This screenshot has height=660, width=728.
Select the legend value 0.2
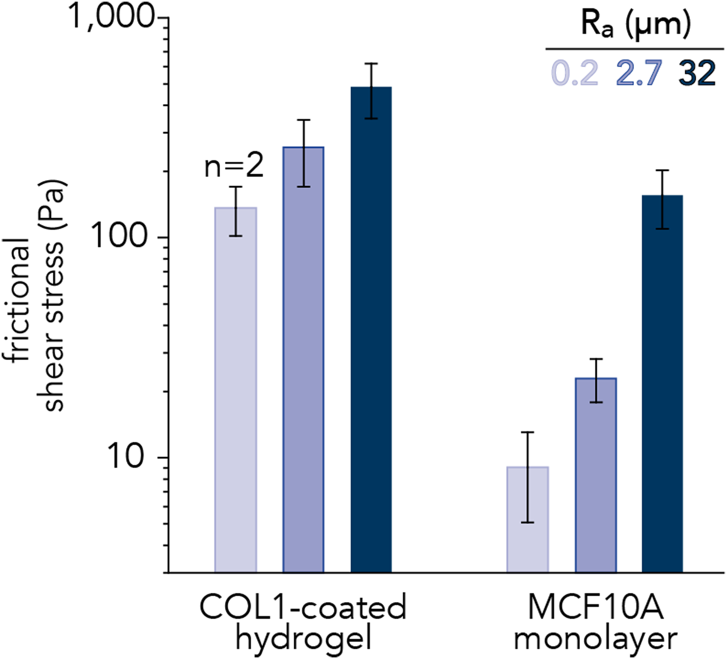(575, 73)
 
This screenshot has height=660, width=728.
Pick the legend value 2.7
(639, 73)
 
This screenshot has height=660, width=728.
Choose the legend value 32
(697, 73)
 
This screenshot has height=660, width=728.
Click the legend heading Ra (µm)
(636, 25)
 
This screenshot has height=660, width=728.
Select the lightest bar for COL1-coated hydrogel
(236, 390)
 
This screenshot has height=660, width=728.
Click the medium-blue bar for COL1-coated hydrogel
(303, 360)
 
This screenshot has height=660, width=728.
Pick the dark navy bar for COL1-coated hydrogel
(371, 330)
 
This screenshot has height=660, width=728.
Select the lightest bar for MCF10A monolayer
(528, 520)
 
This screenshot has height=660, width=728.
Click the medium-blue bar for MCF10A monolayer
(596, 475)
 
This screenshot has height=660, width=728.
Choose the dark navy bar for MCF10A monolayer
(662, 384)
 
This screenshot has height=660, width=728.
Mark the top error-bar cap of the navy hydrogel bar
(371, 63)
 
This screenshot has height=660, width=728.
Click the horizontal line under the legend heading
(635, 49)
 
